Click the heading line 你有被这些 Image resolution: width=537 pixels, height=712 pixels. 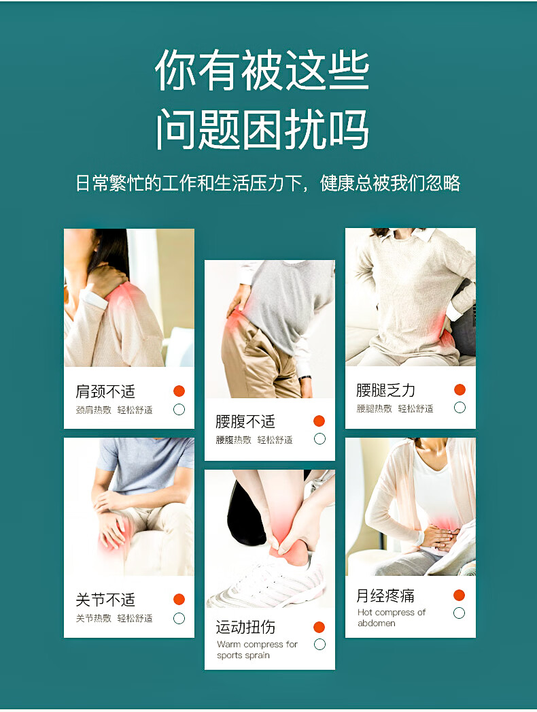click(262, 70)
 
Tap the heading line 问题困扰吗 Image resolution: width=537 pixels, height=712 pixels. click(262, 129)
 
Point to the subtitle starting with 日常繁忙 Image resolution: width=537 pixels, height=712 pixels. click(268, 183)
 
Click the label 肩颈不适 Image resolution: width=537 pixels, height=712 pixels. click(105, 391)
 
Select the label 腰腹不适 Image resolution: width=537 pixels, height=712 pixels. click(245, 421)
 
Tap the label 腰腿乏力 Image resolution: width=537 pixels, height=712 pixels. click(385, 389)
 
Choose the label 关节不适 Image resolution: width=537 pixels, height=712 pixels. click(105, 600)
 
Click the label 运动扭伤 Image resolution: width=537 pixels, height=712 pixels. click(245, 627)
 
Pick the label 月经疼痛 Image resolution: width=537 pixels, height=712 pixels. click(385, 596)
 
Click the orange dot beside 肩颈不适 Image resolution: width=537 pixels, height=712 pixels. click(179, 391)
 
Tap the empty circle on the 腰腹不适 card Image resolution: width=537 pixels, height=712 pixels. click(319, 438)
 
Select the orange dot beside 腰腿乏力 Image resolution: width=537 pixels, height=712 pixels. click(460, 389)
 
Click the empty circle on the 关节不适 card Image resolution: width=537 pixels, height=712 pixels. click(179, 618)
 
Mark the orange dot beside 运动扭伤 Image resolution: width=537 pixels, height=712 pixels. click(319, 627)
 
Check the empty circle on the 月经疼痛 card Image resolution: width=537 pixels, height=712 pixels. click(460, 613)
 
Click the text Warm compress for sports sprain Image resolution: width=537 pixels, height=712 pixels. click(257, 650)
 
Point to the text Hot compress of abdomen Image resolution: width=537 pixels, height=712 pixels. click(392, 617)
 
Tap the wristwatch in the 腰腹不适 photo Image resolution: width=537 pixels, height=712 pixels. click(305, 377)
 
